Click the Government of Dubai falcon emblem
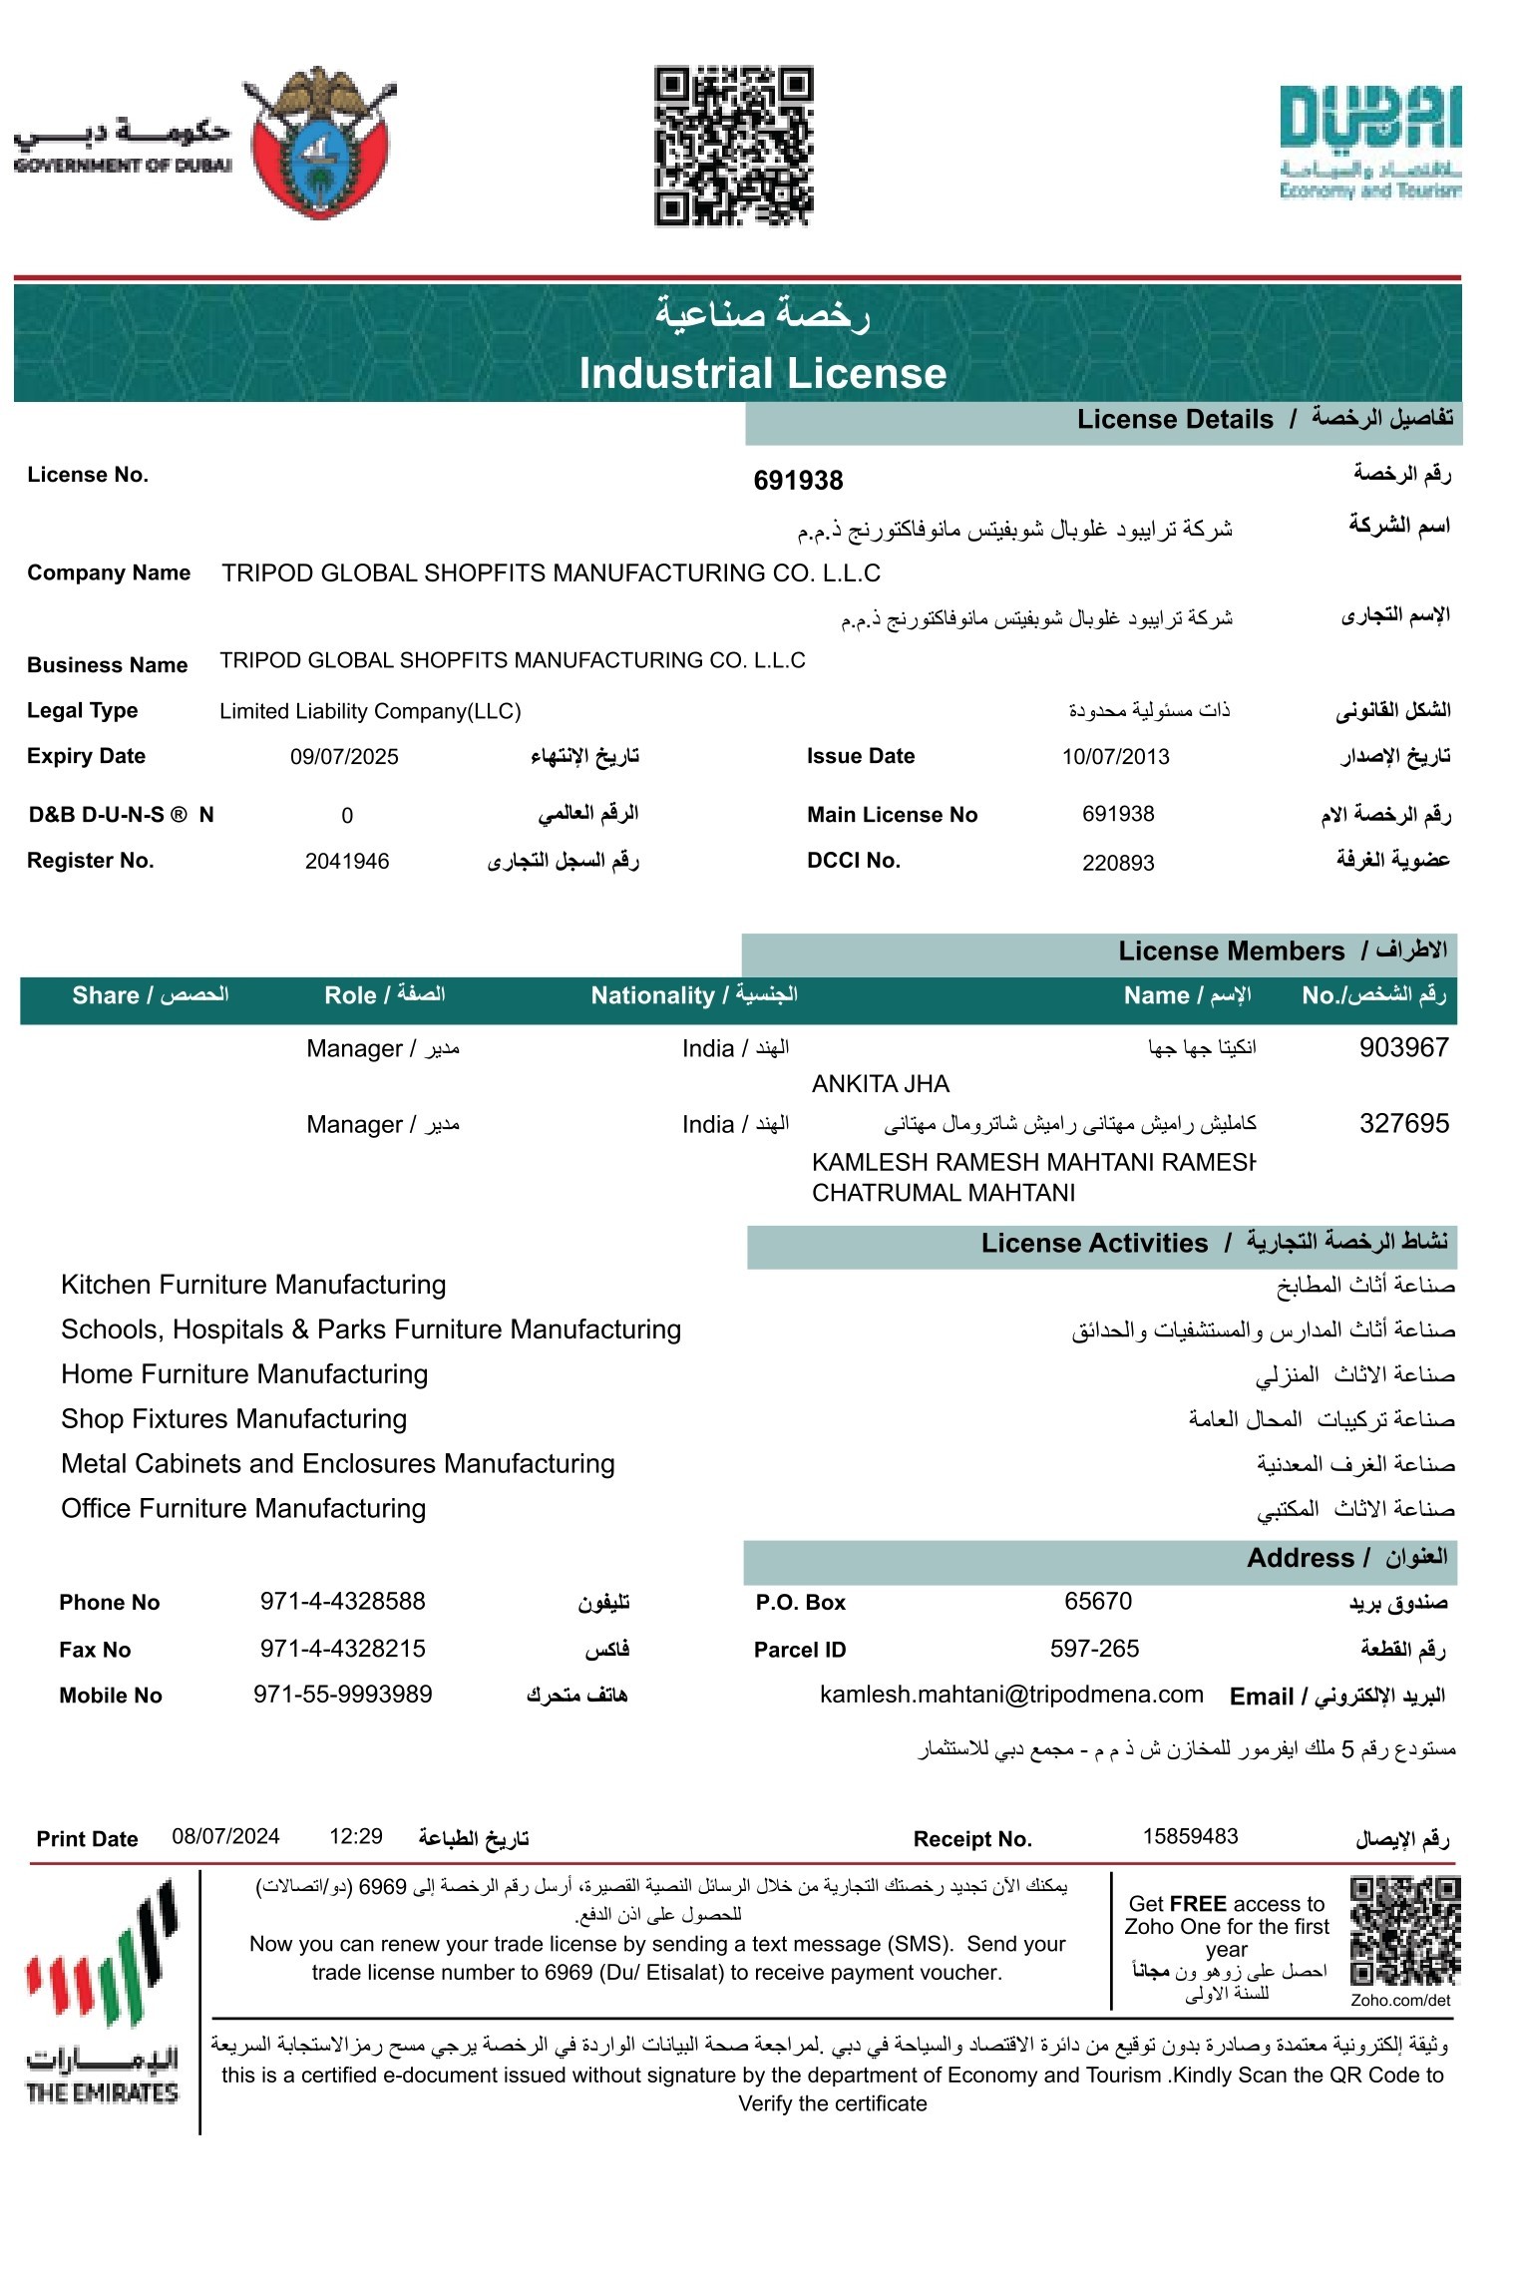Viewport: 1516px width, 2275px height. tap(319, 142)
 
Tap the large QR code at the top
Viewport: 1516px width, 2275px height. tap(733, 146)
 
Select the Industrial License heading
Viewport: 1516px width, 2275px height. tap(762, 373)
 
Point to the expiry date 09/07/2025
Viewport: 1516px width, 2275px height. tap(344, 757)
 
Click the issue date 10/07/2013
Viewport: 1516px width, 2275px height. tap(1115, 757)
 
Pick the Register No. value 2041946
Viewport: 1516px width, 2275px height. tap(347, 862)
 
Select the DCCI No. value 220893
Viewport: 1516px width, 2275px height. tap(1118, 863)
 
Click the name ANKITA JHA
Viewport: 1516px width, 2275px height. tap(880, 1084)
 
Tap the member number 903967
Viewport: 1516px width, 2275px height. tap(1403, 1047)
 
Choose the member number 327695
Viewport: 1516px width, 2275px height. tap(1403, 1124)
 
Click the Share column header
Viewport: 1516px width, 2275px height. tap(150, 995)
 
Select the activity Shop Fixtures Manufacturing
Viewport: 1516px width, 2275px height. tap(233, 1418)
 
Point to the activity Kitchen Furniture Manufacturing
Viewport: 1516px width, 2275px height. tap(253, 1285)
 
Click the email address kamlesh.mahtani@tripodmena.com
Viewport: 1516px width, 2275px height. tap(1011, 1695)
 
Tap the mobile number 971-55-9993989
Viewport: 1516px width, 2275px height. tap(342, 1695)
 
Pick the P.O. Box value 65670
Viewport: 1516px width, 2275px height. tap(1098, 1602)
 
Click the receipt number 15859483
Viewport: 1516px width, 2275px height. tap(1190, 1837)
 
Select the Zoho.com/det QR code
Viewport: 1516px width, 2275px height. tap(1404, 1932)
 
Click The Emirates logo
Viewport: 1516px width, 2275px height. tap(102, 1994)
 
